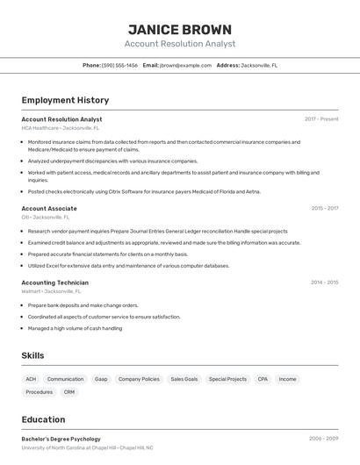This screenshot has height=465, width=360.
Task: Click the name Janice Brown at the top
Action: [x=180, y=29]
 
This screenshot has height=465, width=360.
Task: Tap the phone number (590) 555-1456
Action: [x=119, y=65]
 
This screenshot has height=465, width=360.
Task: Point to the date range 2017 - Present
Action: [x=321, y=119]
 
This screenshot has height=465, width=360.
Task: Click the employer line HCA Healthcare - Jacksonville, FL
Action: [x=61, y=128]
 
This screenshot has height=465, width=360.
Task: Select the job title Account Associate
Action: [x=49, y=209]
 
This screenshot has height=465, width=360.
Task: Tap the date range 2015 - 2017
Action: [x=324, y=209]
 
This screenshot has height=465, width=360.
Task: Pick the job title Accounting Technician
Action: [x=54, y=283]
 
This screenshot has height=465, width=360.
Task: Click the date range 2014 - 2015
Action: [x=324, y=283]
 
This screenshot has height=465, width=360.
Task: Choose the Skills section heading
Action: [x=33, y=355]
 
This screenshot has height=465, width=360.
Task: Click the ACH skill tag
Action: [x=32, y=379]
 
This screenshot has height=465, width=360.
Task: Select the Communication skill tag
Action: [x=66, y=379]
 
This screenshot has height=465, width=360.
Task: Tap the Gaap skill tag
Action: [x=101, y=379]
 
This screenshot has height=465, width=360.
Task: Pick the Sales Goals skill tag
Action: [x=184, y=379]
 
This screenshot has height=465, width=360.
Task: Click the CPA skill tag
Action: [x=263, y=379]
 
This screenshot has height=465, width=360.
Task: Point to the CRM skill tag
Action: [x=69, y=392]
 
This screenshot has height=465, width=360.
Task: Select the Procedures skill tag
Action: [x=40, y=392]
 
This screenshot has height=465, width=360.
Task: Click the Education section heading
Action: [x=43, y=419]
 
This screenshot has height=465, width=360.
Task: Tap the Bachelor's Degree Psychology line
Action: [x=61, y=439]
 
